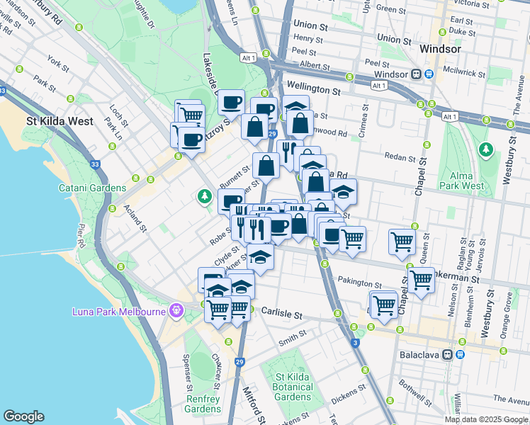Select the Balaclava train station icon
[448, 354]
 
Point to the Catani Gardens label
[92, 188]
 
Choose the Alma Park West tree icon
[485, 149]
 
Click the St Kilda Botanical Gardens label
[292, 385]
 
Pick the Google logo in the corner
[23, 416]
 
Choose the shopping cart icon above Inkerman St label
[421, 279]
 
